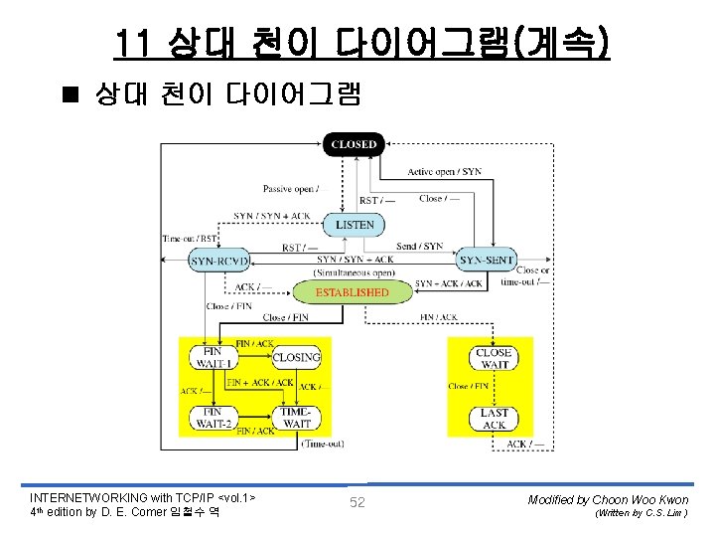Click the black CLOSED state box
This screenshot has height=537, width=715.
[355, 145]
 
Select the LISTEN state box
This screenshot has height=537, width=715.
[355, 225]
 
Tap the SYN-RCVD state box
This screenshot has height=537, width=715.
[218, 261]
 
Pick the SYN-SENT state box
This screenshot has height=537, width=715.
[487, 261]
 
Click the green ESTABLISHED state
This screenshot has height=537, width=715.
[352, 292]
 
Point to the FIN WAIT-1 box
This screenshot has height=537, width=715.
[213, 357]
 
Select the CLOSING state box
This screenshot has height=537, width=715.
[296, 357]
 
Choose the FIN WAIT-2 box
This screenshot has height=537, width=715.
[213, 417]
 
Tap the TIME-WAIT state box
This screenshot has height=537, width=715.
[296, 417]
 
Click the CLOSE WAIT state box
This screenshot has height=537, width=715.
[494, 358]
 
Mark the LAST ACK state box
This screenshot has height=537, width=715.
[494, 419]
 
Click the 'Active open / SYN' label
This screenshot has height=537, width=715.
[444, 172]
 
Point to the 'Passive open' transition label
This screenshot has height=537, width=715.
[291, 189]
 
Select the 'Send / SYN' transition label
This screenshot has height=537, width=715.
[420, 246]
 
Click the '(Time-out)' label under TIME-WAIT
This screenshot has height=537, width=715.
[325, 443]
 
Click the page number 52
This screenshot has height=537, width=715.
[357, 502]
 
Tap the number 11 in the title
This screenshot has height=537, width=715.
[132, 44]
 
